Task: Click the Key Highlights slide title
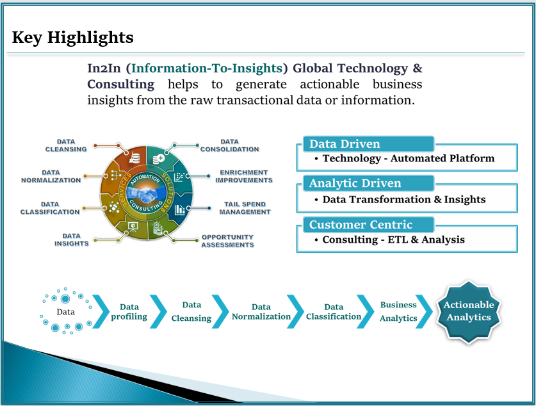tap(72, 37)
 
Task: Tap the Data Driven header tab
tap(369, 144)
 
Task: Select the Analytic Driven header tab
tap(369, 183)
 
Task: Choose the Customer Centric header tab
tap(369, 225)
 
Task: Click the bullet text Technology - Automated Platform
tap(409, 158)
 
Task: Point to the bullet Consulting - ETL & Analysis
tap(393, 240)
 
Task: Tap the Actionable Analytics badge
tap(469, 312)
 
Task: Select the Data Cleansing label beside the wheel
tap(66, 145)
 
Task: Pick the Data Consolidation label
tap(230, 145)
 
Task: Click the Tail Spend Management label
tap(245, 208)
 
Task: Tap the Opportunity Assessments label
tap(228, 241)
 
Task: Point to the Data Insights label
tap(72, 240)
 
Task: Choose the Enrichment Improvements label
tap(244, 176)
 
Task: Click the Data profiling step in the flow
tap(129, 312)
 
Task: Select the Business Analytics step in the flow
tap(398, 311)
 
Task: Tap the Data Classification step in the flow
tap(334, 312)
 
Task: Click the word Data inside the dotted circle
tap(65, 312)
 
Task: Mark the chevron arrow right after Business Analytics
tap(424, 312)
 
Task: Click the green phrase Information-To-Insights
tap(207, 69)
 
